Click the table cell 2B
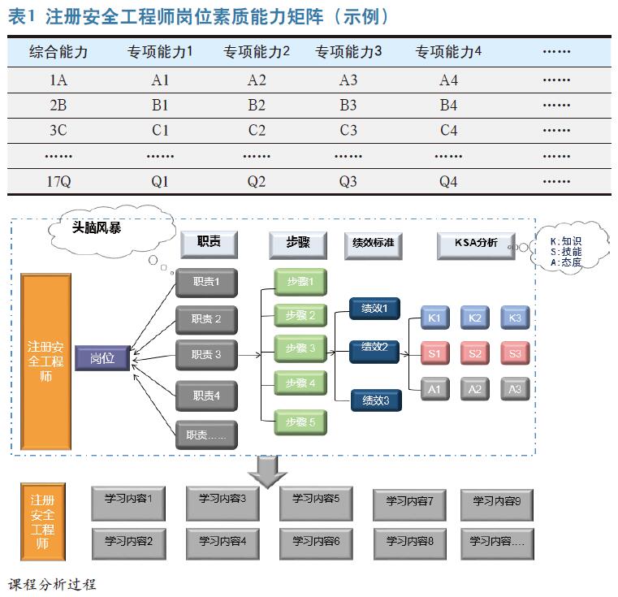pyautogui.click(x=58, y=106)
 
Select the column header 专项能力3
pyautogui.click(x=348, y=52)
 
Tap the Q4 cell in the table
pyautogui.click(x=448, y=182)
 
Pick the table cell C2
pyautogui.click(x=257, y=131)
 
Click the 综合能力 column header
pyautogui.click(x=58, y=52)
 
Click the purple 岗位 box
pyautogui.click(x=102, y=358)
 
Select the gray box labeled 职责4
pyautogui.click(x=206, y=396)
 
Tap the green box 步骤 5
pyautogui.click(x=300, y=422)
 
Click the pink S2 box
pyautogui.click(x=475, y=353)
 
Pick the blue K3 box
pyautogui.click(x=515, y=318)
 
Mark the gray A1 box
pyautogui.click(x=434, y=389)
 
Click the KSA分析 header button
pyautogui.click(x=477, y=244)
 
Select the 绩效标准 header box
pyautogui.click(x=374, y=244)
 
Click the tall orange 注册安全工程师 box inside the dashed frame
pyautogui.click(x=45, y=361)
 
